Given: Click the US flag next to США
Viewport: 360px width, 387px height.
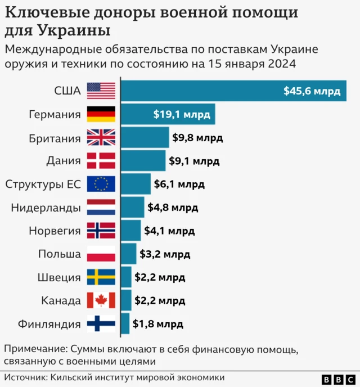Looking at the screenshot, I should point(101,91).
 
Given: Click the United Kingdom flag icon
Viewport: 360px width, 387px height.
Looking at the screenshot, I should point(101,138).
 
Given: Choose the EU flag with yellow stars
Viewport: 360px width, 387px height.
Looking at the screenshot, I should point(101,184).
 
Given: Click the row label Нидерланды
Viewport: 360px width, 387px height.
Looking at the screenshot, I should point(46,208).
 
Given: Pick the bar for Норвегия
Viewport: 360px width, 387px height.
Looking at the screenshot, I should point(131,231).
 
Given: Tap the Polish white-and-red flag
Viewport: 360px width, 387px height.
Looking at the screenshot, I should point(101,254).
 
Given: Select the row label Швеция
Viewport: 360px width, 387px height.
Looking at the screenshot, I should point(59,277).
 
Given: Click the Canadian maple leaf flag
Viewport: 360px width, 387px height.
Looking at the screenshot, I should point(101,300).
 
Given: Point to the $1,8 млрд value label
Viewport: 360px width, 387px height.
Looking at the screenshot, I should point(158,324).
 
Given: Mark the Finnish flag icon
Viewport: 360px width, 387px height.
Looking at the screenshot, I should point(101,324).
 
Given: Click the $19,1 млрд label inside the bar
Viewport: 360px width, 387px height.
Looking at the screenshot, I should point(182,115).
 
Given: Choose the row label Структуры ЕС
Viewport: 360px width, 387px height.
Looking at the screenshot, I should point(43,184).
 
